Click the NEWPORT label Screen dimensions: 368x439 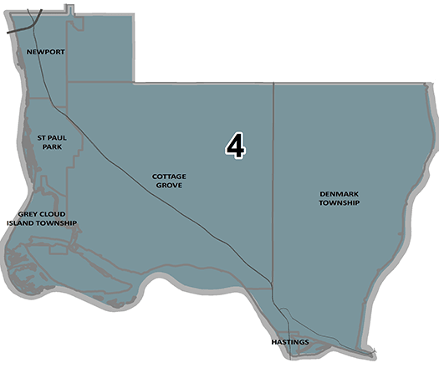pos(46,52)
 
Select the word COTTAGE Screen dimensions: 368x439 pos(169,176)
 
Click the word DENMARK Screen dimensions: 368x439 pos(339,193)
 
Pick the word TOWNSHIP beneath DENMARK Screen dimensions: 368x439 pos(339,202)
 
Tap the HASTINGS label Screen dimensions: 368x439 pos(290,343)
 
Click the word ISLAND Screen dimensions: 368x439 pos(23,223)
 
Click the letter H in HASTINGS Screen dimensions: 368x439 pos(274,343)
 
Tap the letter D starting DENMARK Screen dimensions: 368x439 pos(322,193)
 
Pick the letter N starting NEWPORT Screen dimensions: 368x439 pos(29,52)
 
